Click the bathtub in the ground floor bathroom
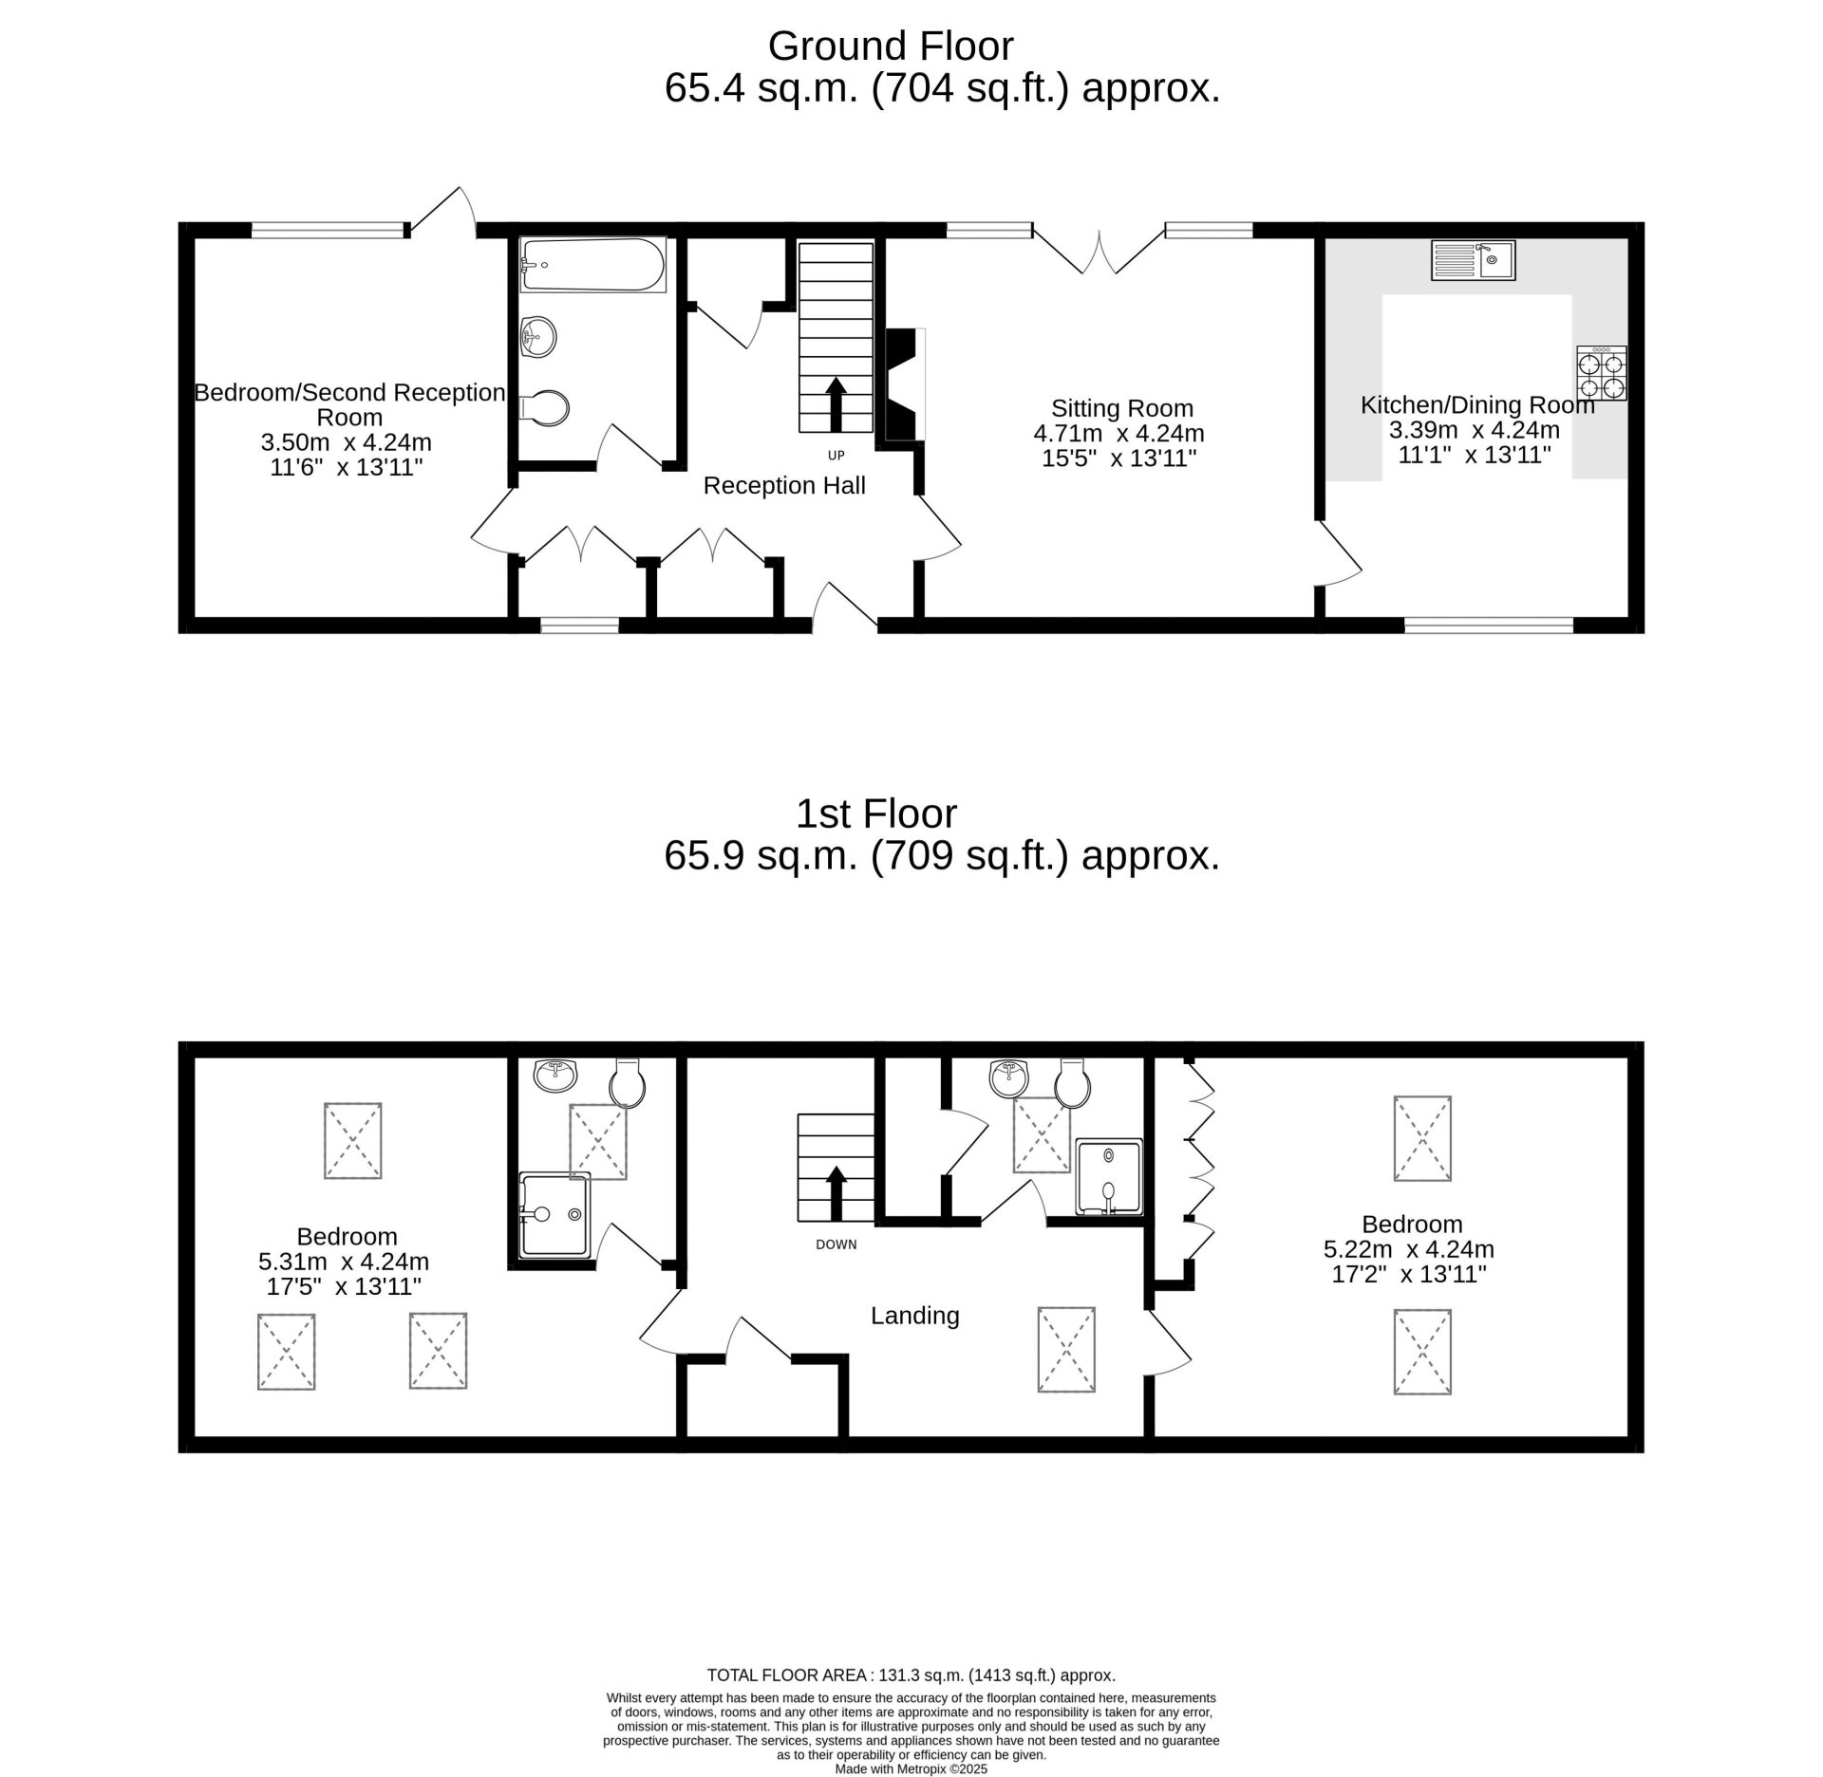593,265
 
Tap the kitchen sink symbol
1474,260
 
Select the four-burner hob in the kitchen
1602,373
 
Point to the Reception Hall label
784,486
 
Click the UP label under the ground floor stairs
836,456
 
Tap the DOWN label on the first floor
836,1244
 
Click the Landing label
915,1316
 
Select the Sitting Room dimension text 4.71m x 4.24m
1118,434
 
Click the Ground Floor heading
891,46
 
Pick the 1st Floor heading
876,814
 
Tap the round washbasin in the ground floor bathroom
538,336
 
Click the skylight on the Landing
1066,1350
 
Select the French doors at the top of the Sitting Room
1099,252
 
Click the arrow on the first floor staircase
836,1193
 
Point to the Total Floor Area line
911,1675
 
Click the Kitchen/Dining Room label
1477,405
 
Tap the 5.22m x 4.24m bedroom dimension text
1408,1249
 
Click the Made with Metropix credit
911,1769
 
